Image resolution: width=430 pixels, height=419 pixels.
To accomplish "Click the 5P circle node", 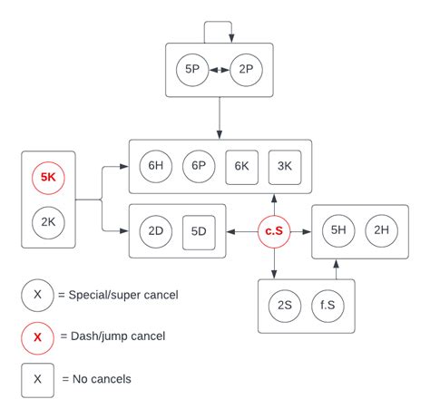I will coord(193,69).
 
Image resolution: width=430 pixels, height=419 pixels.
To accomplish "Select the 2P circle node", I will coord(247,69).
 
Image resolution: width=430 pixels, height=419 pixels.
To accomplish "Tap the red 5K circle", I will coord(48,178).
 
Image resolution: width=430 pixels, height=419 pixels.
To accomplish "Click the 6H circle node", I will coord(155,166).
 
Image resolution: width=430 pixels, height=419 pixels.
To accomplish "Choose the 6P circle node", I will coord(198,166).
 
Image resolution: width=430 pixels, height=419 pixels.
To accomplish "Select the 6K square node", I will coord(241,166).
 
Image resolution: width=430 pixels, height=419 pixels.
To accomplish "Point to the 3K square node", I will coord(284,166).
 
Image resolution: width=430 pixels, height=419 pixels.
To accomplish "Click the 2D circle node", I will coord(155,231).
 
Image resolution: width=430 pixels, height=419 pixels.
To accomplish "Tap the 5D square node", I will coord(199,231).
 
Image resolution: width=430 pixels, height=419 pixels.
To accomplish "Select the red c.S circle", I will coord(272,231).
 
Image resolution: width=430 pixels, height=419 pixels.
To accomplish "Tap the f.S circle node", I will coord(327,306).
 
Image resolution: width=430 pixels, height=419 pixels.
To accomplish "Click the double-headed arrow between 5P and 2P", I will coord(220,69).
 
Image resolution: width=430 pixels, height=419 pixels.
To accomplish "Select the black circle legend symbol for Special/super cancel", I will coord(37,295).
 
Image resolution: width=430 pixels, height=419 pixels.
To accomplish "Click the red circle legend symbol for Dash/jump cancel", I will coord(37,337).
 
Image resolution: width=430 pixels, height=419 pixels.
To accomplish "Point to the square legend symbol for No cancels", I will coord(37,379).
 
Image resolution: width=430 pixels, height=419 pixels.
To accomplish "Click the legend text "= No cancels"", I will coord(95,379).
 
